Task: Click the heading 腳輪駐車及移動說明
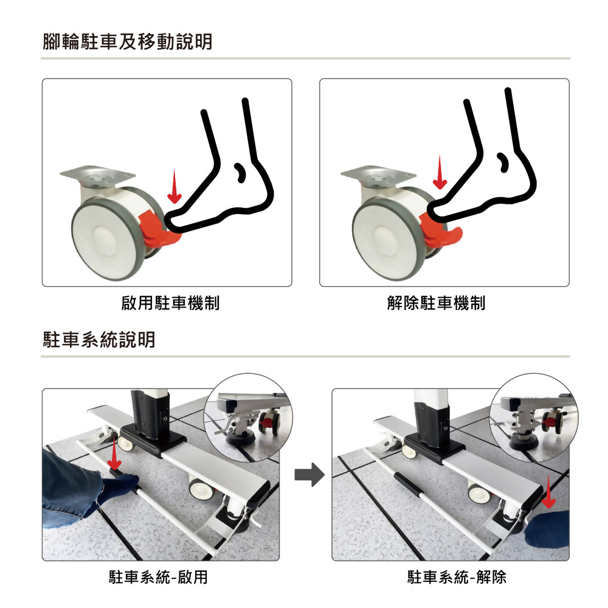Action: coord(128,42)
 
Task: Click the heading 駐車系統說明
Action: coord(99,340)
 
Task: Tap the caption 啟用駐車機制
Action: coord(170,303)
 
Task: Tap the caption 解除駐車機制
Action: coord(436,303)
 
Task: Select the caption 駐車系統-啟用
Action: coord(158,577)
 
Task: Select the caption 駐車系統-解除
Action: coord(457,577)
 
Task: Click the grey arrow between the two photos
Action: coord(309,474)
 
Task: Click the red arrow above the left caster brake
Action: coord(174,186)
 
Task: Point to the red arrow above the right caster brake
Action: coord(440,172)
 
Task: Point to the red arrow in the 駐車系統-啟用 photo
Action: coord(114,451)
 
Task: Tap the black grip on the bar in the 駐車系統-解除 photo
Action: coord(406,485)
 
